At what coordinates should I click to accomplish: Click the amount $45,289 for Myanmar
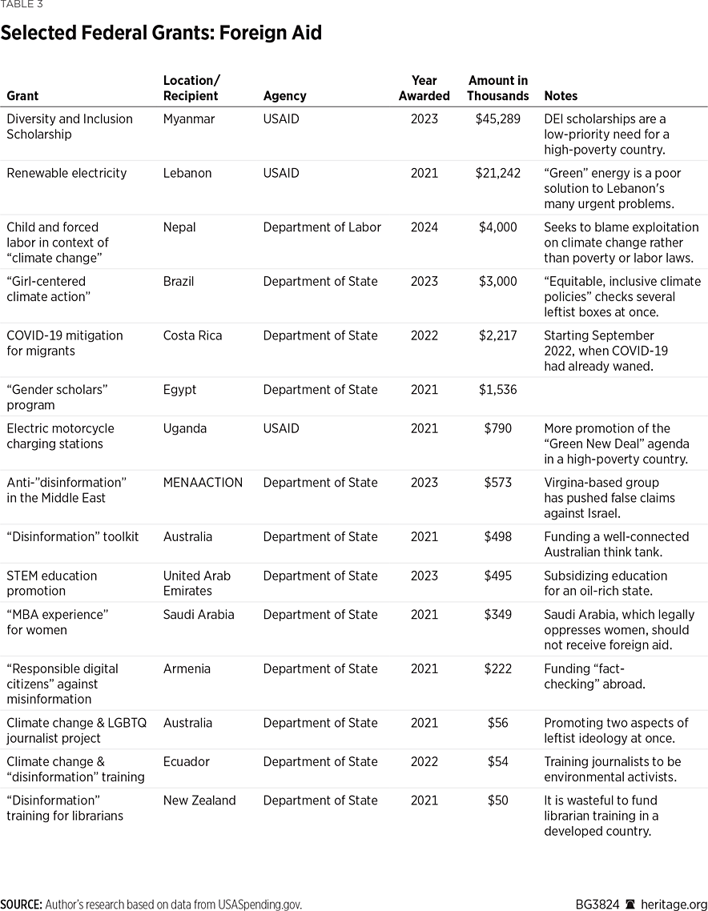[x=498, y=118]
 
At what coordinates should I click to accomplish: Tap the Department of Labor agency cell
[x=322, y=227]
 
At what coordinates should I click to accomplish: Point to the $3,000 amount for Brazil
[x=498, y=282]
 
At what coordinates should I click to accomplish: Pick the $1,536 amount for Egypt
[x=498, y=390]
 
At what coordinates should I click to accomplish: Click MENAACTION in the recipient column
[x=203, y=483]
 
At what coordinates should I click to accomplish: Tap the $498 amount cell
[x=498, y=536]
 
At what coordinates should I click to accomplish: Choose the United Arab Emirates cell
[x=196, y=583]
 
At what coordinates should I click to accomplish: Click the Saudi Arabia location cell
[x=199, y=614]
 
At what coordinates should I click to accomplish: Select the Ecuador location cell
[x=187, y=761]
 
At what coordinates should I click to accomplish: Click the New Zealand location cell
[x=199, y=801]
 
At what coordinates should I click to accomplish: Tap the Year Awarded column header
[x=424, y=88]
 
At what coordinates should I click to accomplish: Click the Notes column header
[x=561, y=96]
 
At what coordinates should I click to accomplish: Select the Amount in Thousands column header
[x=498, y=88]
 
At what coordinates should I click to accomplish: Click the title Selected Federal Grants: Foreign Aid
[x=161, y=34]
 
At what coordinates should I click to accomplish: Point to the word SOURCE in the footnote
[x=21, y=905]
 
